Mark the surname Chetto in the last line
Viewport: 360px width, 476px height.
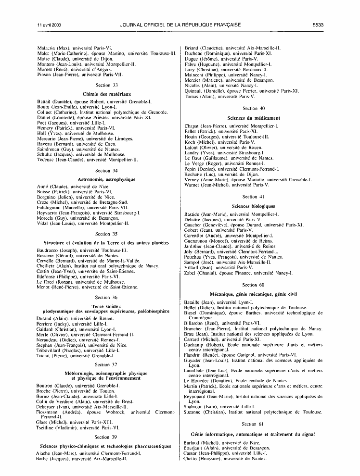coord(193,459)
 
